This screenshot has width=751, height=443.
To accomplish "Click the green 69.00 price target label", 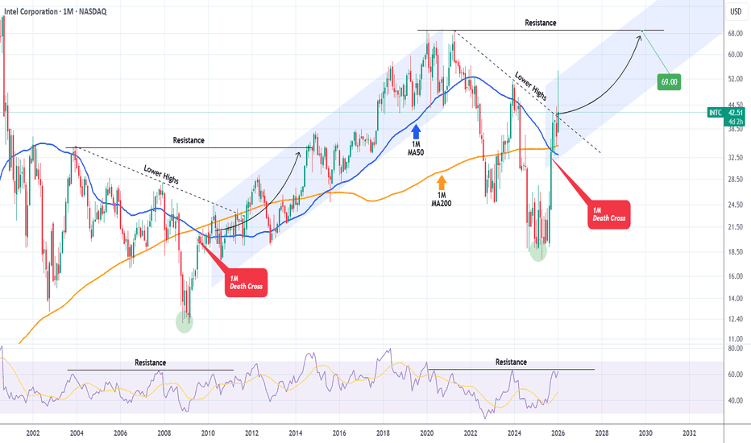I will [669, 81].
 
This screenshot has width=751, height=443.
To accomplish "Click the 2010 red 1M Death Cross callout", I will [243, 282].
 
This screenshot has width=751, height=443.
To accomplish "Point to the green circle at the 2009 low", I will [185, 322].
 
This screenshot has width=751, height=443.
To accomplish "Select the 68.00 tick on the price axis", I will [734, 34].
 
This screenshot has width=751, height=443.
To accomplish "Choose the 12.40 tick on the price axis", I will [734, 319].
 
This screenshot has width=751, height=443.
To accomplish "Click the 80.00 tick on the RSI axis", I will [734, 349].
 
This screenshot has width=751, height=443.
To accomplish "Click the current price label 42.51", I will [734, 114].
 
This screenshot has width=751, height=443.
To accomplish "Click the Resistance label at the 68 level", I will [540, 23].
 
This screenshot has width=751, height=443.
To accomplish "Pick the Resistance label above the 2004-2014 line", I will [189, 140].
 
